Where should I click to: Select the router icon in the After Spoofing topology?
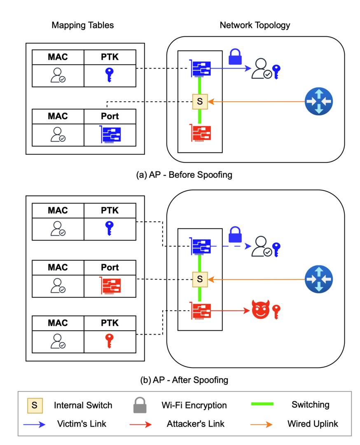318,279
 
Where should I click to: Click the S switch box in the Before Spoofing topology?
200,101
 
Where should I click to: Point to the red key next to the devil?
276,311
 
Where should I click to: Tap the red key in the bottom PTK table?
109,341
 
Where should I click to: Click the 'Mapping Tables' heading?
83,25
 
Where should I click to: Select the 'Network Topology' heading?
255,25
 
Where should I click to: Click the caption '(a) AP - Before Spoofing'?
184,175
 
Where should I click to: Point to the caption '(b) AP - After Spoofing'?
184,379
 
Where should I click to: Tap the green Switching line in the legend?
262,404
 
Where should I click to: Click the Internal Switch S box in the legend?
35,405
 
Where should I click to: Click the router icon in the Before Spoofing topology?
318,101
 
